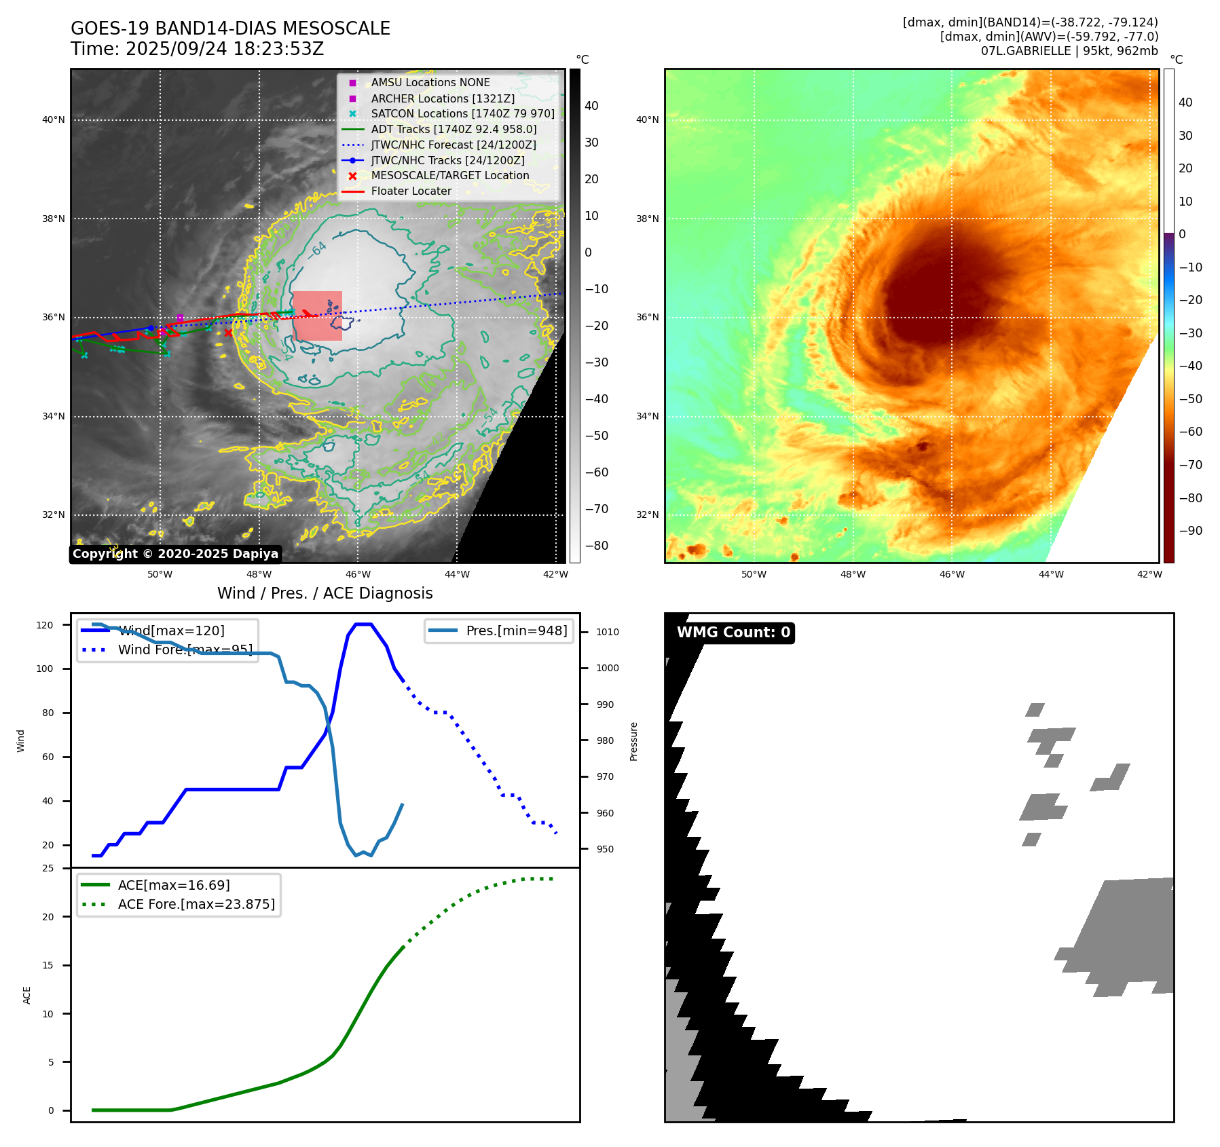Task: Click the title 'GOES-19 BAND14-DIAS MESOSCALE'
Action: pyautogui.click(x=230, y=29)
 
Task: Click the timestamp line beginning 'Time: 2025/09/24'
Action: pyautogui.click(x=197, y=49)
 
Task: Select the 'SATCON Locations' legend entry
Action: pyautogui.click(x=462, y=114)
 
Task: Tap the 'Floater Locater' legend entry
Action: pyautogui.click(x=411, y=191)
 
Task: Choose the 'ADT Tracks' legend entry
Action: pyautogui.click(x=454, y=130)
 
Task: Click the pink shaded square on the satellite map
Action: pyautogui.click(x=317, y=316)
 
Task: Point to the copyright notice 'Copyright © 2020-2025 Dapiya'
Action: pyautogui.click(x=175, y=554)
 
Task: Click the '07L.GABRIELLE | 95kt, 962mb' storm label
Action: pyautogui.click(x=1069, y=51)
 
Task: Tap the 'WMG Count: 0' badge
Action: pyautogui.click(x=733, y=633)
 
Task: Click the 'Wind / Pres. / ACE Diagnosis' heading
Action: pyautogui.click(x=325, y=593)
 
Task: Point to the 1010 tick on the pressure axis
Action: pyautogui.click(x=608, y=632)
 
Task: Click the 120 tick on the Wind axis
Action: pyautogui.click(x=45, y=625)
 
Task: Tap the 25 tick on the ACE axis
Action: pyautogui.click(x=48, y=868)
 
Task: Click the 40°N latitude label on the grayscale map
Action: pyautogui.click(x=54, y=120)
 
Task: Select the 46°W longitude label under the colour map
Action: pyautogui.click(x=952, y=574)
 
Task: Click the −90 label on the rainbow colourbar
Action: pyautogui.click(x=1190, y=531)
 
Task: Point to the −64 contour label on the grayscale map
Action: pyautogui.click(x=317, y=250)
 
